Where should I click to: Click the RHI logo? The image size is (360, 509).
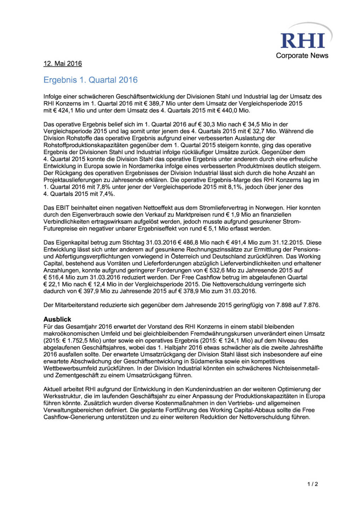(303, 40)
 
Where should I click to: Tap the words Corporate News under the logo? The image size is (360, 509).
(302, 55)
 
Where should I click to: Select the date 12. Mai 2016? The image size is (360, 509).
(63, 64)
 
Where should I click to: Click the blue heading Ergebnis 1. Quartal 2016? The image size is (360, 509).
(91, 80)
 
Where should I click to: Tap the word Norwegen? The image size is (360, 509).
(270, 208)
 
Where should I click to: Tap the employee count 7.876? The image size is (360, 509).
(311, 305)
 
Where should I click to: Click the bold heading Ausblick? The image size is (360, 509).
(57, 319)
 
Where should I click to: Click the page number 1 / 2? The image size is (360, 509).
(312, 484)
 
